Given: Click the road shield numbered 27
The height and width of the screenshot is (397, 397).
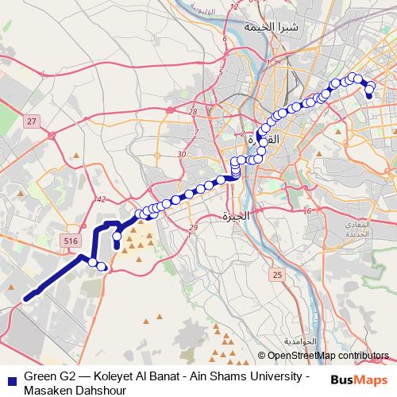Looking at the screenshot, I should [31, 121].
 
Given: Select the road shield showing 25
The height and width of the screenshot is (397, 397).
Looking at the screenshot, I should [276, 275].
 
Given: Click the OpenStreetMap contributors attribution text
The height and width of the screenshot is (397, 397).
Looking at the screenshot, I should [328, 356].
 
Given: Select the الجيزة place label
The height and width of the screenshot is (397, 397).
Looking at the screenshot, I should [235, 215].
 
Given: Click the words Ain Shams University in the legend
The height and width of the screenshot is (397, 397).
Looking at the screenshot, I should [253, 374].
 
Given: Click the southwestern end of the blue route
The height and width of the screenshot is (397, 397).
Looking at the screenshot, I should [26, 299].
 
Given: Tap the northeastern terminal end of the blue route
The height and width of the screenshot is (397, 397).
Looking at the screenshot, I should [369, 96].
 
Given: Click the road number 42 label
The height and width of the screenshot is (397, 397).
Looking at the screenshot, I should [100, 200].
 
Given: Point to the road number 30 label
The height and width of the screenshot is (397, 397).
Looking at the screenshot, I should [182, 154].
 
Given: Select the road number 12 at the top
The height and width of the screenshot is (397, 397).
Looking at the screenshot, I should [233, 6].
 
